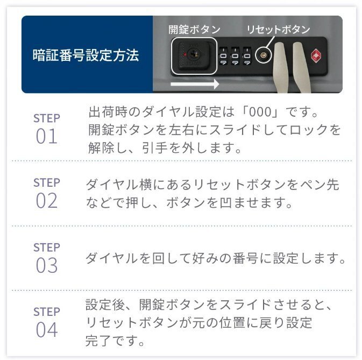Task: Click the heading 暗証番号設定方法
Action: [86, 55]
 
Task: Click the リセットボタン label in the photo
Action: [278, 30]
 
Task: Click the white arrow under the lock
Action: [195, 84]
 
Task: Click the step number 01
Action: [46, 136]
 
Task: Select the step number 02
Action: [46, 201]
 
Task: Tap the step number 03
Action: [46, 265]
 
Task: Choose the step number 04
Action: [46, 329]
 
